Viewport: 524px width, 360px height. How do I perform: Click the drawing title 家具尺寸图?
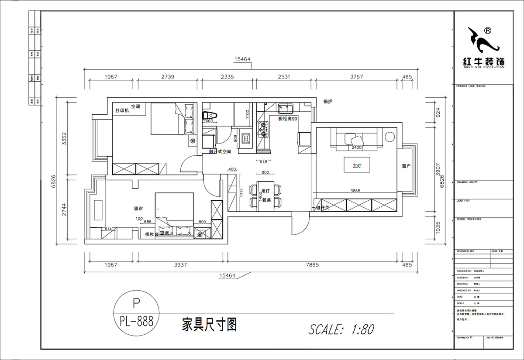(209, 325)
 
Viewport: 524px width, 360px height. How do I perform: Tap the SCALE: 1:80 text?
(341, 329)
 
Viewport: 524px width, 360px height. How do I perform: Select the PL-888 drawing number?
(136, 322)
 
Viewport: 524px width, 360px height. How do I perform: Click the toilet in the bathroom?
(206, 115)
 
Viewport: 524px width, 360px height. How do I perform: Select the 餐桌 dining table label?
(266, 200)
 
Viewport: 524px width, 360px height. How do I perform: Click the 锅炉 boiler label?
(328, 102)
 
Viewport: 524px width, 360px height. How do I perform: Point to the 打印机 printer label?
(122, 111)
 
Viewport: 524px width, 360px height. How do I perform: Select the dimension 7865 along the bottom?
(312, 265)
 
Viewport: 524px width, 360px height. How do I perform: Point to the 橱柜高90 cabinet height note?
(288, 119)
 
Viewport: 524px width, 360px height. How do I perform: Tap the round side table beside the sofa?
(390, 137)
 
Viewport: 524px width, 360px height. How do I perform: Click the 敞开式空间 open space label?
(220, 151)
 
